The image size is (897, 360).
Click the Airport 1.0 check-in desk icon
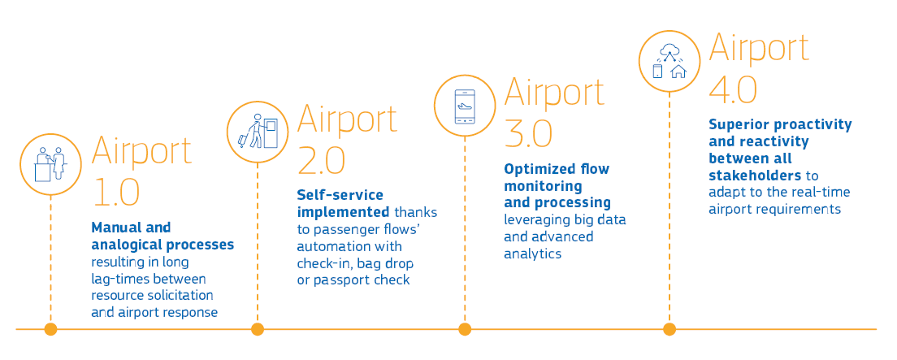click(50, 163)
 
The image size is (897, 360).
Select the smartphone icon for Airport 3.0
click(464, 105)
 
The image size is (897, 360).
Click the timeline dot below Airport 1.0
click(50, 329)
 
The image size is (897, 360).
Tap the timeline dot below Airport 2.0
click(258, 329)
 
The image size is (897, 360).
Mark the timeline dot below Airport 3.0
click(464, 329)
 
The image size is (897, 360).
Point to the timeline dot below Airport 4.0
click(669, 329)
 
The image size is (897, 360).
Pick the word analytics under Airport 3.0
click(532, 254)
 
